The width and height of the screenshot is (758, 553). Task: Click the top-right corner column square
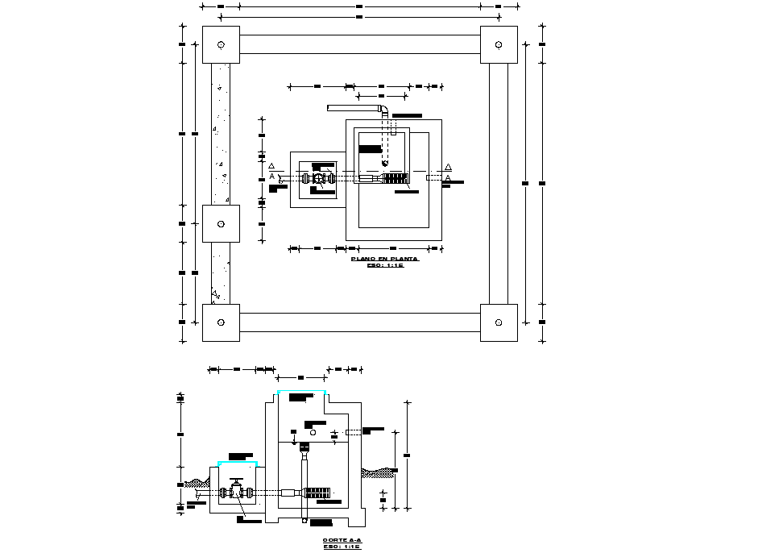coord(499,45)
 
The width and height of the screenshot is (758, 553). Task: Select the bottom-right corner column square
coord(499,322)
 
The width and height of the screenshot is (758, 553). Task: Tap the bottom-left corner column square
coord(221,322)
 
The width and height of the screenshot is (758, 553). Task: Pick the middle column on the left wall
coord(221,224)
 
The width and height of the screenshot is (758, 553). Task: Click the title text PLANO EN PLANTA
coord(384,258)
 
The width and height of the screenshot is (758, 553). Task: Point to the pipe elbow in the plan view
coord(384,110)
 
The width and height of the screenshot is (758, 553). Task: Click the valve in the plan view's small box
coord(319,179)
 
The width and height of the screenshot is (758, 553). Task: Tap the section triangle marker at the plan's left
coord(272,166)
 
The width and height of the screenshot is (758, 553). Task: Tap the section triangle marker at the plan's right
coord(448,166)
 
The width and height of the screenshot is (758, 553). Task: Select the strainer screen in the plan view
coord(396,178)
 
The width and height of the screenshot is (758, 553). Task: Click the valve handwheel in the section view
coord(236,481)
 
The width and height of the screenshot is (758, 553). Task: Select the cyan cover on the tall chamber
coord(301,391)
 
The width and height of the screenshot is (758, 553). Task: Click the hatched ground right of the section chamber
coord(378,472)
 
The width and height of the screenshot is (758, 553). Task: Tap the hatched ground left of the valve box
coord(197,483)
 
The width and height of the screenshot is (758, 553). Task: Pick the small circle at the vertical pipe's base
coord(304,521)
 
